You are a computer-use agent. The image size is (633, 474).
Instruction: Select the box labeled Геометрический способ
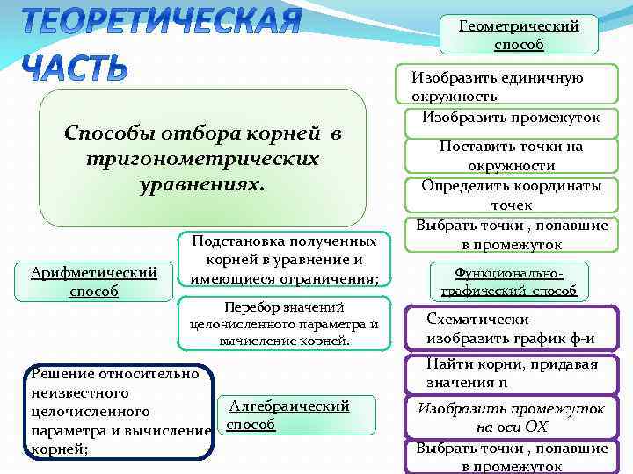519,35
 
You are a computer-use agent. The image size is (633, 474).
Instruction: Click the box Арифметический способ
93,282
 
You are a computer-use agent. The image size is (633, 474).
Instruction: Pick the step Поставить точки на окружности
511,156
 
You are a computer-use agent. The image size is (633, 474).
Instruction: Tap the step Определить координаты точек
511,195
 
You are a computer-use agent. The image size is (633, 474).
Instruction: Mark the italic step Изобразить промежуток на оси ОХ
511,418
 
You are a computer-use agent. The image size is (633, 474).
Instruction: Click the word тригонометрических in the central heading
202,160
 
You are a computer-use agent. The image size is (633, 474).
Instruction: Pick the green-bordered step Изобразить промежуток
511,118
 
